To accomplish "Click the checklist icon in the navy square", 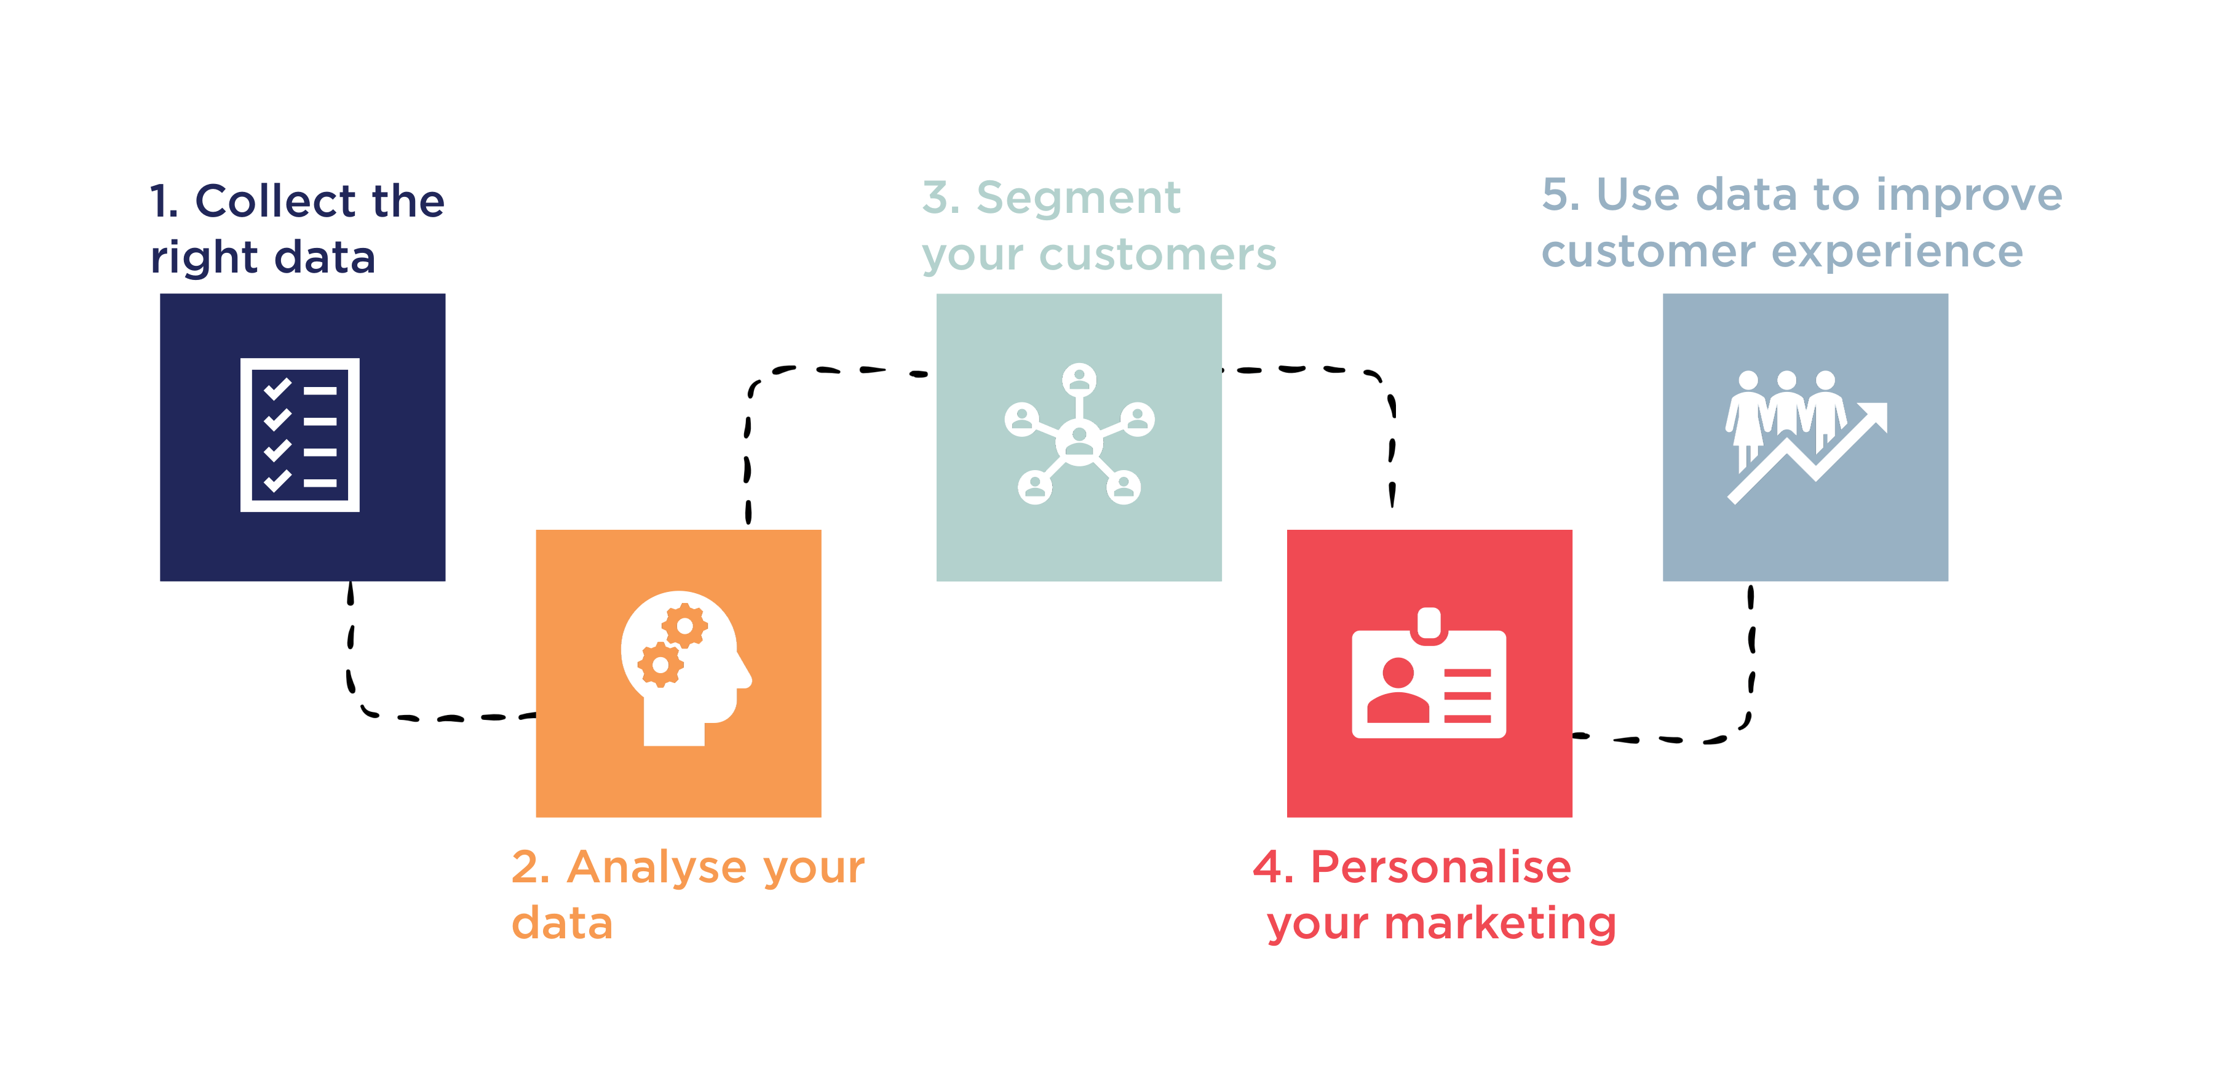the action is [x=299, y=434].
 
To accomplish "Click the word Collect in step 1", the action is [x=275, y=201].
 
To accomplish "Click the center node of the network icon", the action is [x=1079, y=441].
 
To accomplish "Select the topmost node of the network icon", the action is [x=1079, y=379].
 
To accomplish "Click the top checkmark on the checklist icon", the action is [x=277, y=389].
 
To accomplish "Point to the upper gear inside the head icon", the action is [x=685, y=626].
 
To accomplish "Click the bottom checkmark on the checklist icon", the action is [x=277, y=481].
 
